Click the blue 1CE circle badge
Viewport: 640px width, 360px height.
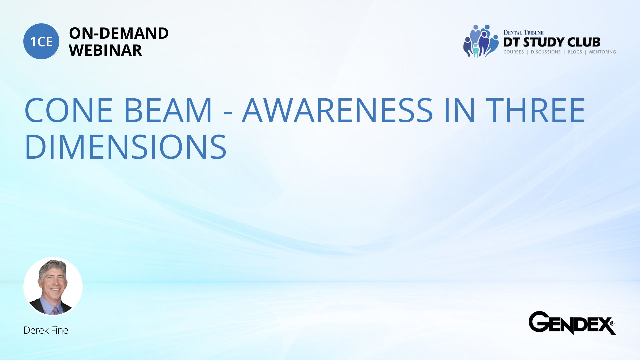[x=41, y=41]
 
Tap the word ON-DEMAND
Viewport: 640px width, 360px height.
[x=119, y=33]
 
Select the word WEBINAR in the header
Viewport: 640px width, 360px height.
[x=105, y=50]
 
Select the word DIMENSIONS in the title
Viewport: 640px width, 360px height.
[x=126, y=147]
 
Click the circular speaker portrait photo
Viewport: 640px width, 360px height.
[x=53, y=286]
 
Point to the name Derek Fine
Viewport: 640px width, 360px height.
[x=46, y=330]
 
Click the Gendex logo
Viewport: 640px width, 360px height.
[x=572, y=323]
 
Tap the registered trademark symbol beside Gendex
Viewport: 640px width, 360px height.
[x=612, y=323]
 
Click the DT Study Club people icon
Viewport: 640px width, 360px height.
[x=481, y=41]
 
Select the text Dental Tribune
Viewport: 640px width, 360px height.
[x=523, y=32]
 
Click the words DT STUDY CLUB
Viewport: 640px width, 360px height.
[x=552, y=42]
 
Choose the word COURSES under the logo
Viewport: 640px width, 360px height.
[x=514, y=52]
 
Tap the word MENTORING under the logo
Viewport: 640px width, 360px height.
[x=602, y=52]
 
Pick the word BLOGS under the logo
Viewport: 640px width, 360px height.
[x=575, y=52]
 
